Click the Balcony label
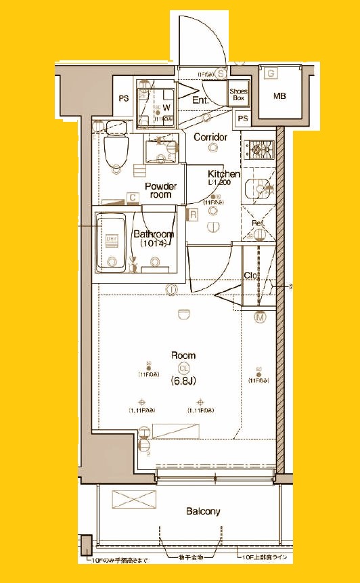(204, 511)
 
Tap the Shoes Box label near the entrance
(239, 94)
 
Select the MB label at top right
(279, 95)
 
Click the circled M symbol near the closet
(260, 316)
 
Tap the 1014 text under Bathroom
(153, 243)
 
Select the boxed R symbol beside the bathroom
(193, 215)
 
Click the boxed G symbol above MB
(271, 73)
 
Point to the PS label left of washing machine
(124, 98)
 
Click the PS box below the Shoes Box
(243, 118)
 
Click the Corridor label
(210, 137)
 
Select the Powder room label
(160, 190)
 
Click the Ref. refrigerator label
(258, 223)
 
